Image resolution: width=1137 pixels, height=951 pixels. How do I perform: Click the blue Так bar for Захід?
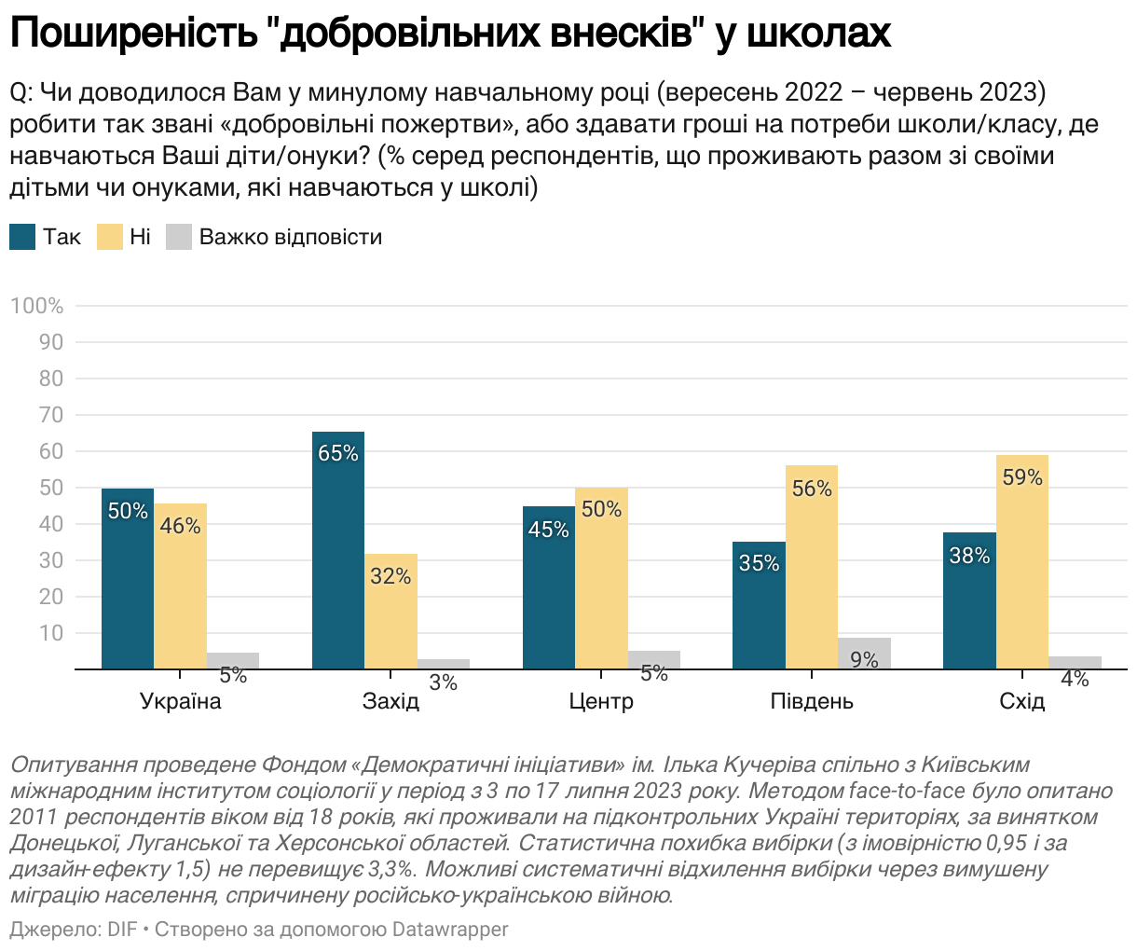click(338, 550)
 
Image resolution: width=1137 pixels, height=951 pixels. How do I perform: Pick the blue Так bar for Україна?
click(128, 578)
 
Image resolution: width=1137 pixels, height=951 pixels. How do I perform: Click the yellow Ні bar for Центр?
click(601, 578)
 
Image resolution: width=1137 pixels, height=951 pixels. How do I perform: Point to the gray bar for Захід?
click(444, 664)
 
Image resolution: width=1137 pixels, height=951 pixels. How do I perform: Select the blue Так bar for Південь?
click(759, 605)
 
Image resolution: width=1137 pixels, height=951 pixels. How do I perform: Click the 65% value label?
click(338, 453)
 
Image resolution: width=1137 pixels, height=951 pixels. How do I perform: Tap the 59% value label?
click(1022, 477)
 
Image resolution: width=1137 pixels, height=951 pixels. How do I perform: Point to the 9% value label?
click(865, 660)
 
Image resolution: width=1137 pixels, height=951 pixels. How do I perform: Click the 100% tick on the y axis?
click(37, 306)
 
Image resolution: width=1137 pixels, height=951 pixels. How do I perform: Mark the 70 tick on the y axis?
click(52, 415)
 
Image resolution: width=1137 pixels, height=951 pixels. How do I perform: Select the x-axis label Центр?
click(601, 701)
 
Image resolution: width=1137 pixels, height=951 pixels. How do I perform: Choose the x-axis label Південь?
click(812, 701)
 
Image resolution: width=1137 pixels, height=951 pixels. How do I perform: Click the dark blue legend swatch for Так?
click(22, 237)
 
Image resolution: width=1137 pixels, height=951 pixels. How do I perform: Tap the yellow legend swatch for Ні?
click(110, 237)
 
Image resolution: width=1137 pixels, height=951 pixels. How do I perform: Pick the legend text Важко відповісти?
click(291, 237)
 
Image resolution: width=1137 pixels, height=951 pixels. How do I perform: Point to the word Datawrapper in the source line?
click(450, 930)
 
